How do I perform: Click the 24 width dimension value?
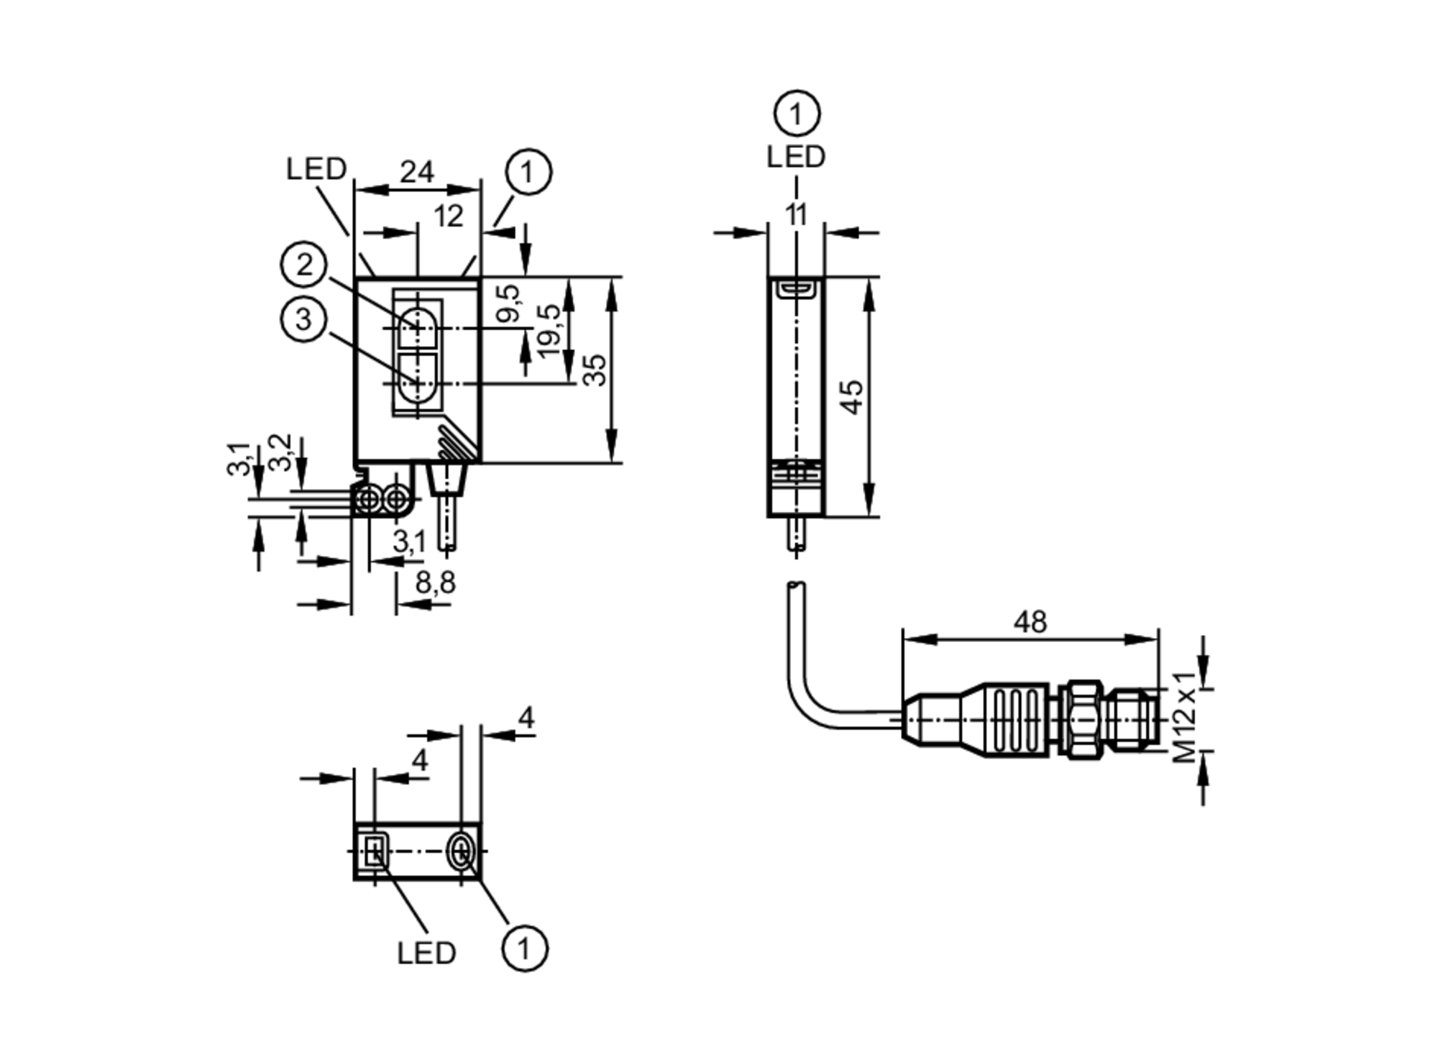point(417,173)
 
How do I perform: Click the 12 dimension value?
point(449,216)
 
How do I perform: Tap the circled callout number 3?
point(303,319)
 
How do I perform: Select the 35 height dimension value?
point(595,370)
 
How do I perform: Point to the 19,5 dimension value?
point(549,331)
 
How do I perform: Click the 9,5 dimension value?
point(508,303)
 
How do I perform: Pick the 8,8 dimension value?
point(435,582)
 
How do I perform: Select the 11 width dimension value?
point(796,215)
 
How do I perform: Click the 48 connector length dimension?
point(1030,622)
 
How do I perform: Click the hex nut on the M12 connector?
point(1084,718)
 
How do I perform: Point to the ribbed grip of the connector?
point(1016,719)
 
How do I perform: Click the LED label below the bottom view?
point(426,953)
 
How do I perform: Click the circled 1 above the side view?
point(797,114)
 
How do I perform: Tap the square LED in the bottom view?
point(374,852)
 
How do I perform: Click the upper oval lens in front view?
point(417,328)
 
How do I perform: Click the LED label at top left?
point(316,169)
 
